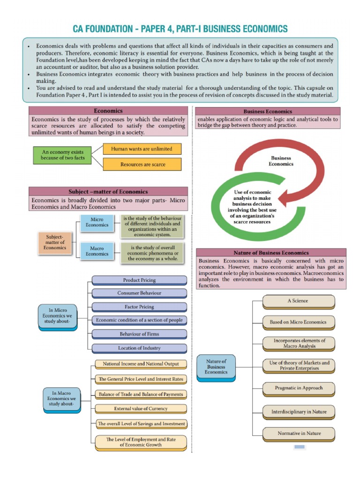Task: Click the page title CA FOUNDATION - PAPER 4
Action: [180, 29]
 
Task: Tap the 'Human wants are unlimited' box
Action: [142, 149]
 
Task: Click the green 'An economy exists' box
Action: [62, 155]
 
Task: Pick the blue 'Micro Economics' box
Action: [97, 222]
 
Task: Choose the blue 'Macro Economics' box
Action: [97, 251]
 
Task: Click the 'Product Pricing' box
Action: [139, 280]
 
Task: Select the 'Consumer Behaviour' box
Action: [139, 293]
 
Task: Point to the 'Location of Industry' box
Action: [139, 348]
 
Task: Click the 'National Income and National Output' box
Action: [141, 364]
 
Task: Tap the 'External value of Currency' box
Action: [141, 409]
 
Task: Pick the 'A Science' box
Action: [298, 301]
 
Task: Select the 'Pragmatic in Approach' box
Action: [298, 388]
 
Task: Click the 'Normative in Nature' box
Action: [299, 433]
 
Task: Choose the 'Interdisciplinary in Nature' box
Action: [299, 412]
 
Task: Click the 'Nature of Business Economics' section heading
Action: [271, 253]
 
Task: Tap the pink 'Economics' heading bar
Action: [108, 111]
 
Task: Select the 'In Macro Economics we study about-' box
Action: [62, 398]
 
